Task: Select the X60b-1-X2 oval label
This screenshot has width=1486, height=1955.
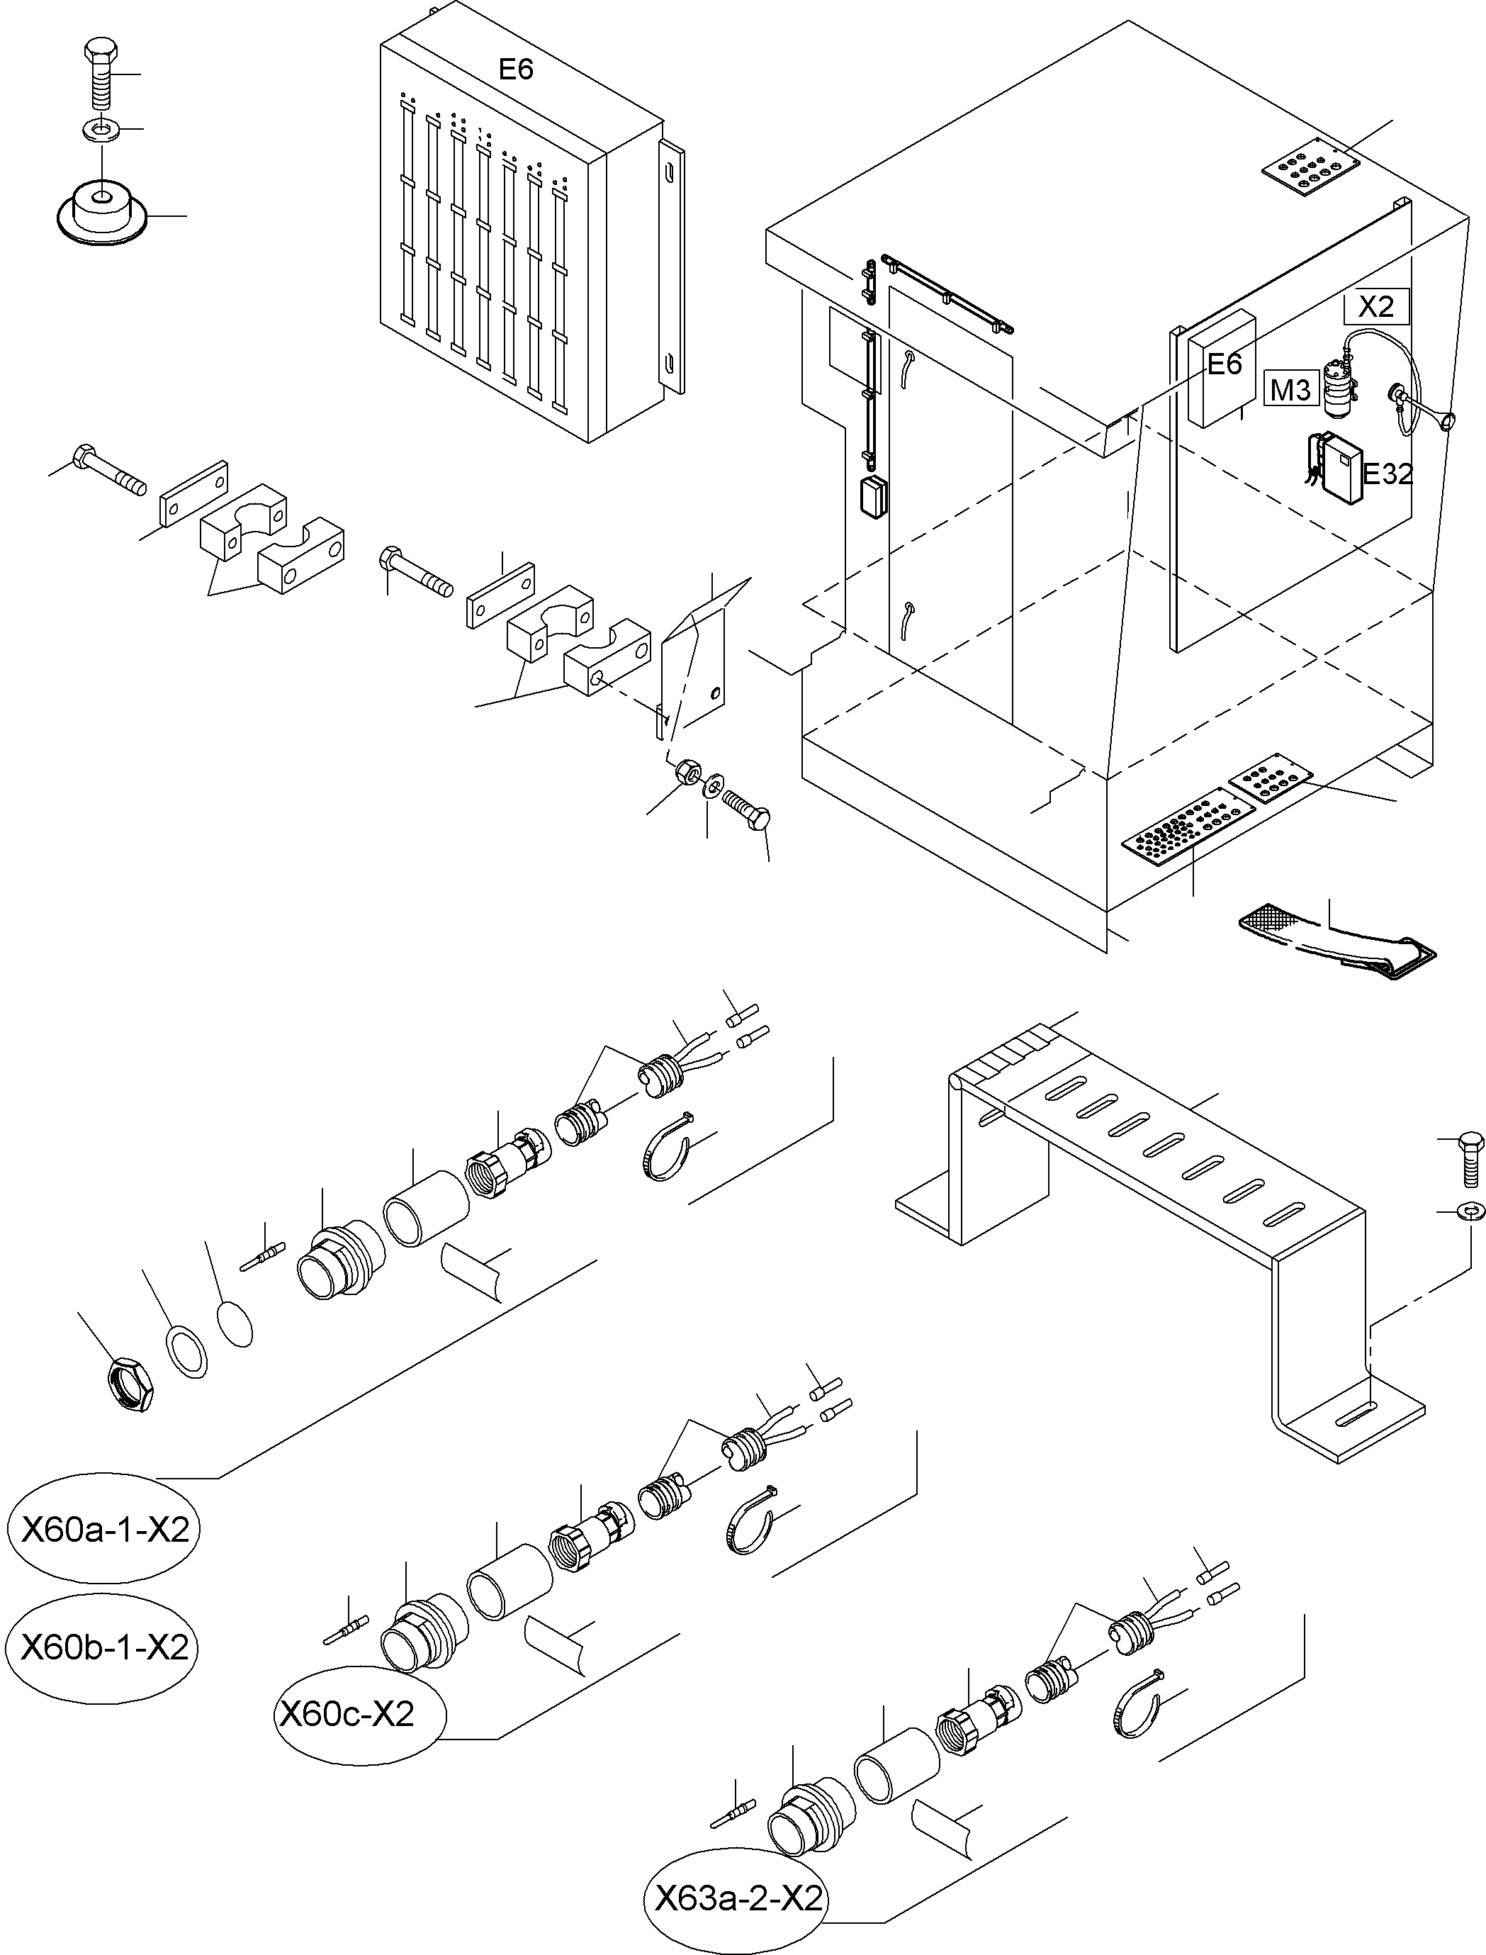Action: click(x=104, y=1647)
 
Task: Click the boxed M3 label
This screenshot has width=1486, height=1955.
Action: click(x=1290, y=389)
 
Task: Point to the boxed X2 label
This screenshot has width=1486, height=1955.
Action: click(x=1375, y=307)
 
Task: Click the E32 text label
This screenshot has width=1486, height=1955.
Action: click(x=1387, y=475)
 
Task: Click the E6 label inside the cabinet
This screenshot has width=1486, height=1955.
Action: click(x=1225, y=364)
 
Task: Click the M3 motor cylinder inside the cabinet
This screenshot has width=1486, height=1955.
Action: click(x=1340, y=390)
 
